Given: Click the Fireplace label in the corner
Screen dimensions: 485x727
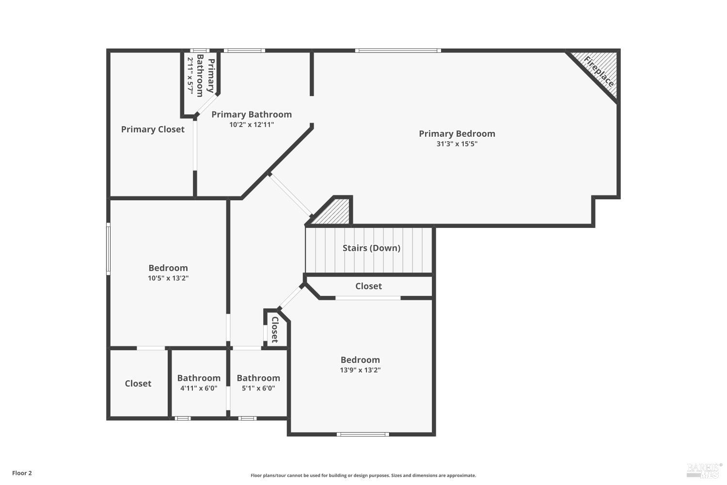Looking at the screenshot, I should point(599,71).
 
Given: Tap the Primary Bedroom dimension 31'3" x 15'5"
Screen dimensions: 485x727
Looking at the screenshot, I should point(457,144).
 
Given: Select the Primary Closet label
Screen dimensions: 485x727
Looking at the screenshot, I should point(153,129).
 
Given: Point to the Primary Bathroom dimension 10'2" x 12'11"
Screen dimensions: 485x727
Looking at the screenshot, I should point(252,125).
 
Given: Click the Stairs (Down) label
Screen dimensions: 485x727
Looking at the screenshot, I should point(371,248).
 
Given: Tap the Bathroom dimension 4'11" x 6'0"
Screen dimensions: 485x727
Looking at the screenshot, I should point(199,388).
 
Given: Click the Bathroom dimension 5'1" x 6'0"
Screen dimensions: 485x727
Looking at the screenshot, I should point(258,388).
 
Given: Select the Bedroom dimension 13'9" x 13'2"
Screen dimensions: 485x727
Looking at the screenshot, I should point(360,370).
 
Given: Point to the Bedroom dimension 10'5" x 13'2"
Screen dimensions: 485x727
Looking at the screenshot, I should point(168,278).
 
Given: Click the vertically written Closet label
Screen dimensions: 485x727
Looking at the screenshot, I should point(275,330).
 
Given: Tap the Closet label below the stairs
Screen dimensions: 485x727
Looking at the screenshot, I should point(368,286).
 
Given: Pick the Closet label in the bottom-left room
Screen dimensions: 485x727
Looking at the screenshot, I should point(138,384).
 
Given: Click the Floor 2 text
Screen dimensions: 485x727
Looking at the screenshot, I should point(22,473).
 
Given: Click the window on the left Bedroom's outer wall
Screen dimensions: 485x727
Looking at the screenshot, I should point(108,249).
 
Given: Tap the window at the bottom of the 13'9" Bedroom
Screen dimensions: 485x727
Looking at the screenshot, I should point(363,434).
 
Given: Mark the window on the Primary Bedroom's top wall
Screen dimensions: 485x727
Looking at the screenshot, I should point(398,50).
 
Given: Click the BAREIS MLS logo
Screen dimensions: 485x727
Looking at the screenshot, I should point(704,469).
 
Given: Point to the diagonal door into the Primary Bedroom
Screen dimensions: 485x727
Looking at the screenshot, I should point(291,195).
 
